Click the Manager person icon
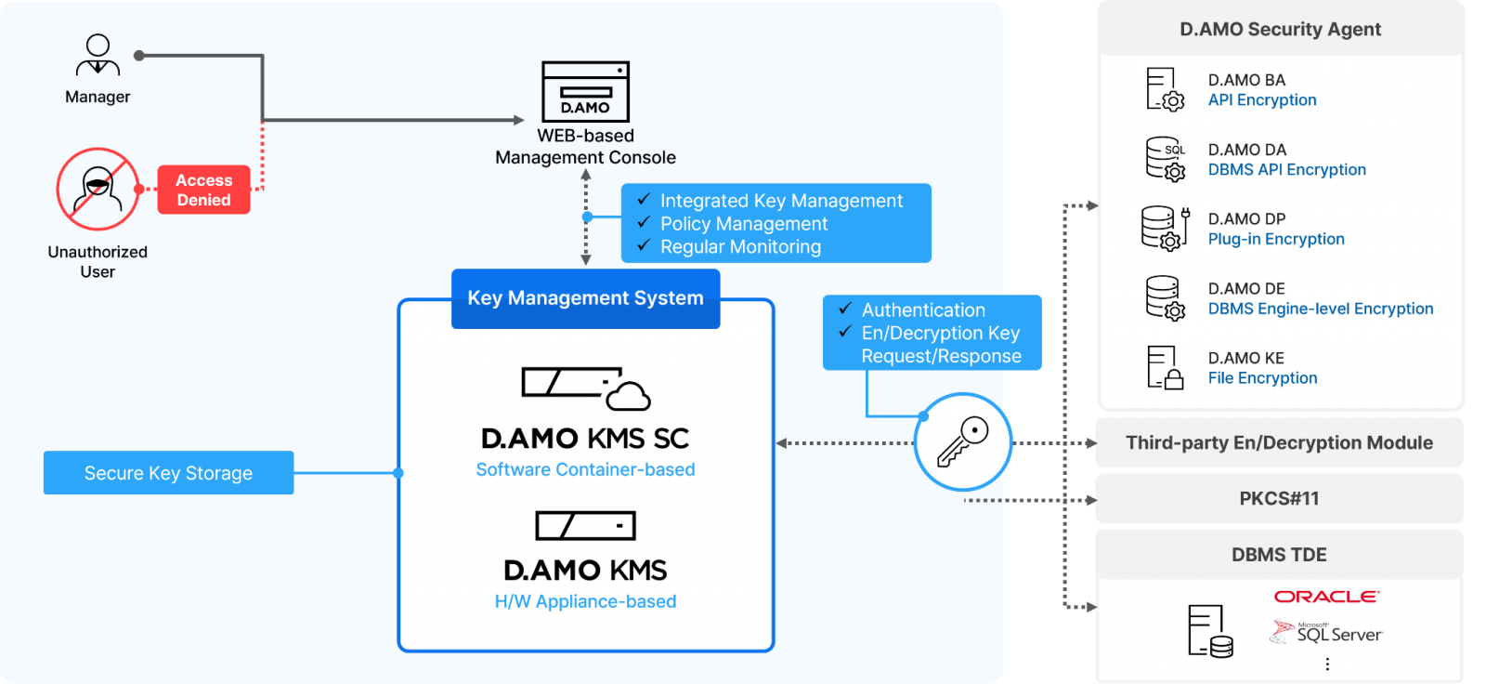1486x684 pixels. (x=98, y=56)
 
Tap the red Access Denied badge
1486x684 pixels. (x=203, y=190)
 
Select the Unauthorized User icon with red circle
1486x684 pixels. (x=98, y=189)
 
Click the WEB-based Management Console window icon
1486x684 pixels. (x=585, y=91)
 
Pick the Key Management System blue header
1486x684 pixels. (x=585, y=298)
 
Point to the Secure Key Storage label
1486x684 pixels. (x=168, y=473)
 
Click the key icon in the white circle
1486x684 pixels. (x=963, y=442)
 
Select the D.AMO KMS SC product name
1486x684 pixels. (x=585, y=438)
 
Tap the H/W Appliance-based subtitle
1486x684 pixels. (x=585, y=601)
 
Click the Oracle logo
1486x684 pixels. (x=1326, y=597)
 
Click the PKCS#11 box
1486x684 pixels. (x=1279, y=499)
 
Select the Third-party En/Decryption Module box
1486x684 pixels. (x=1279, y=443)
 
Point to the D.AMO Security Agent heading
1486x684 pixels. (x=1280, y=30)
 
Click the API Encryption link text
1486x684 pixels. (x=1262, y=100)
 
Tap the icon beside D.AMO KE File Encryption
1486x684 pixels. (x=1165, y=368)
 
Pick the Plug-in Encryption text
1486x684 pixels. (x=1276, y=240)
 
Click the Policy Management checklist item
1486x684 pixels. (x=743, y=224)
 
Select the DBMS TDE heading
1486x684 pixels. (x=1279, y=555)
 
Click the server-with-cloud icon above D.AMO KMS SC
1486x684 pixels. (x=585, y=388)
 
